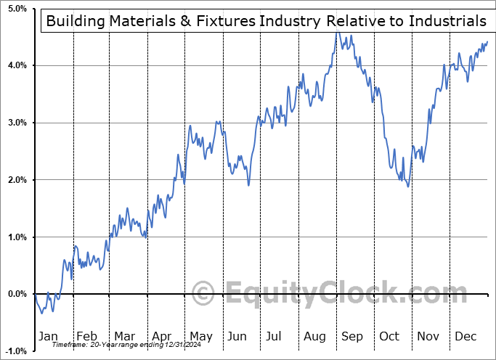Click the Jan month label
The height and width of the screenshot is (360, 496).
tap(49, 336)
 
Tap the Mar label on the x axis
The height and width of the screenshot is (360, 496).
tap(124, 336)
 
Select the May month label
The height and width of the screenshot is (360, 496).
tap(200, 336)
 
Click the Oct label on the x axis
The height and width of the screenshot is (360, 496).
tap(390, 336)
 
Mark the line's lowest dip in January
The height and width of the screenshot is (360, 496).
tap(42, 313)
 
